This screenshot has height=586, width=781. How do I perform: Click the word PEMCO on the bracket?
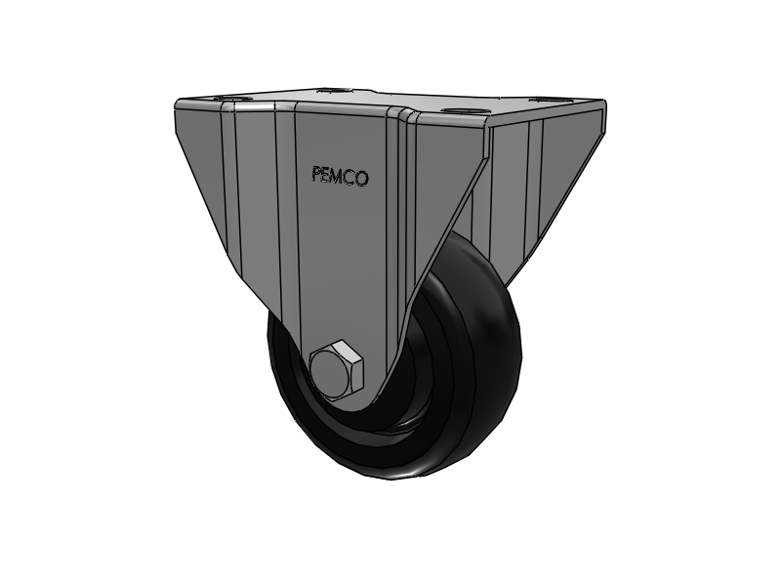[x=339, y=177]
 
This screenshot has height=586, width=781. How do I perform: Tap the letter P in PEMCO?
[x=316, y=176]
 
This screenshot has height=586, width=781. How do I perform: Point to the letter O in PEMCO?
[x=362, y=179]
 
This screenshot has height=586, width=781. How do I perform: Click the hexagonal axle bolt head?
[x=337, y=370]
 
